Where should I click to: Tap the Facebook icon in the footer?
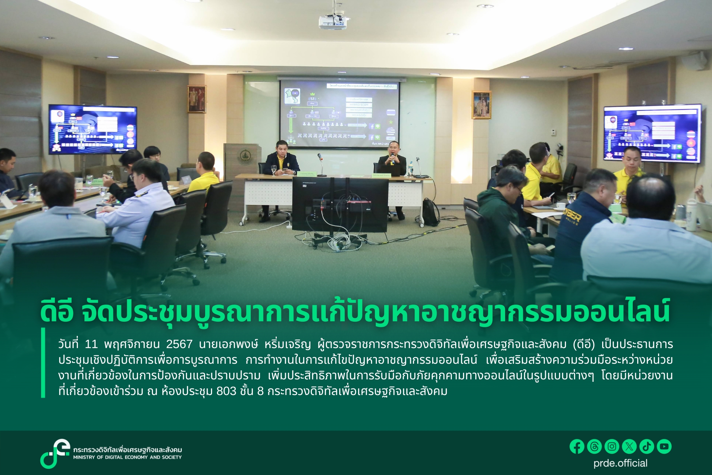pyautogui.click(x=577, y=446)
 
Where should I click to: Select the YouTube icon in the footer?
pyautogui.click(x=664, y=446)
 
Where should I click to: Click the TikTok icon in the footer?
pyautogui.click(x=647, y=446)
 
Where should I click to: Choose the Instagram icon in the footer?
pyautogui.click(x=612, y=446)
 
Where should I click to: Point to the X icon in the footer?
pyautogui.click(x=629, y=446)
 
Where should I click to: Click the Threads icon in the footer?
pyautogui.click(x=594, y=446)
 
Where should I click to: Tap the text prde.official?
pyautogui.click(x=620, y=463)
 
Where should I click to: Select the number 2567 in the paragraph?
pyautogui.click(x=179, y=344)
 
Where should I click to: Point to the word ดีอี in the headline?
pyautogui.click(x=57, y=312)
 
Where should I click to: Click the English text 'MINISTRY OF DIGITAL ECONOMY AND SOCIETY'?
pyautogui.click(x=127, y=457)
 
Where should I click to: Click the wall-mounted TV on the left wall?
pyautogui.click(x=92, y=129)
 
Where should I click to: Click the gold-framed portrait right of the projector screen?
pyautogui.click(x=481, y=105)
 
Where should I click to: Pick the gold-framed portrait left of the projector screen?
pyautogui.click(x=197, y=99)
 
